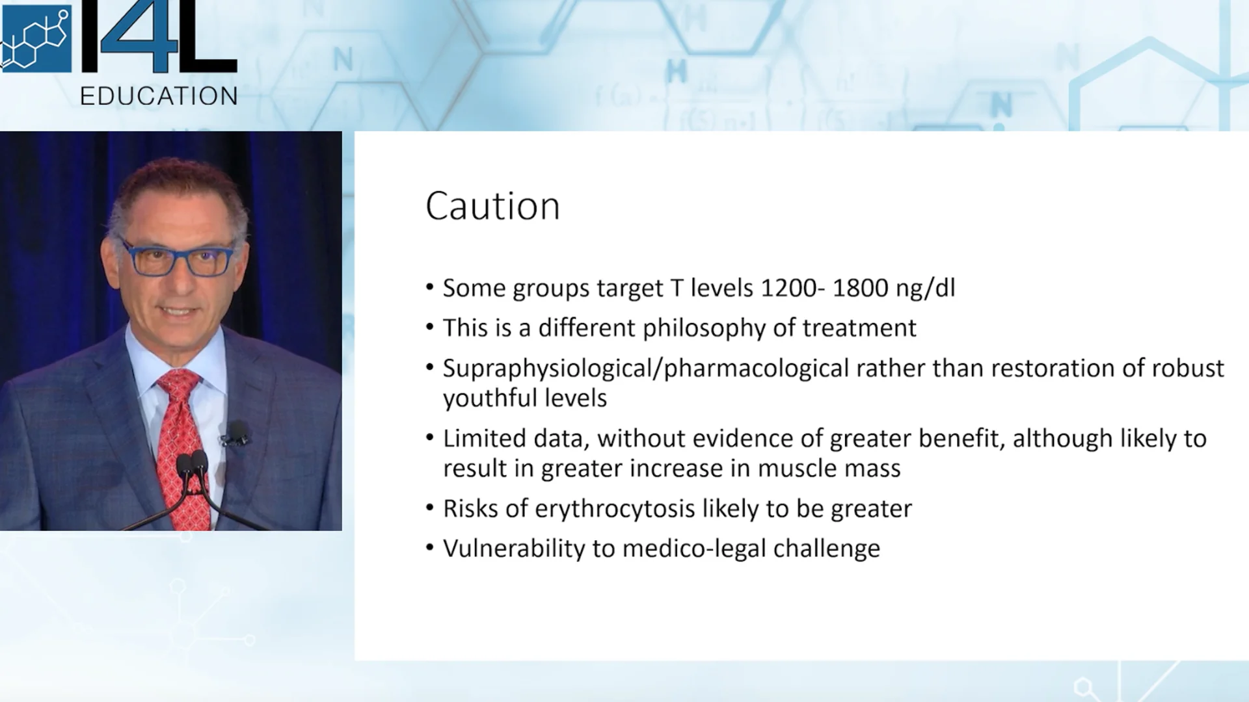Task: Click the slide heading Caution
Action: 492,207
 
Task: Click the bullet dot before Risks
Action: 429,508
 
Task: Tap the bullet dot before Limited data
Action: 429,437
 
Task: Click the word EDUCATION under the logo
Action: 159,96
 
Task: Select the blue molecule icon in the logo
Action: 36,39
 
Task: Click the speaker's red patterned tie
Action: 180,442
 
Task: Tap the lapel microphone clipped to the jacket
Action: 235,434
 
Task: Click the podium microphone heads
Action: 192,463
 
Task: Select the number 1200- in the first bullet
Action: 793,288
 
